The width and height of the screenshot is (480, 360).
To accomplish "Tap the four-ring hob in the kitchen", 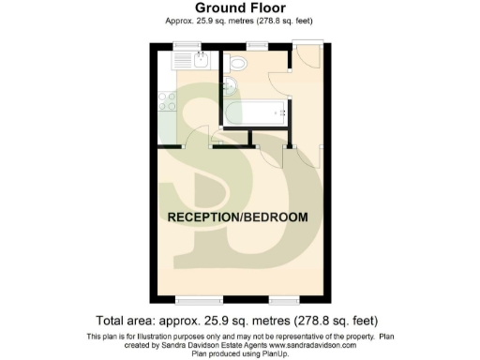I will [165, 97].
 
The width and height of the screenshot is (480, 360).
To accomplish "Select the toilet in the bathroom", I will [238, 64].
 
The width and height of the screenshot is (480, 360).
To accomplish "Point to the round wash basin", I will [230, 91].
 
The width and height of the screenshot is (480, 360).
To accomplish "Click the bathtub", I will [254, 115].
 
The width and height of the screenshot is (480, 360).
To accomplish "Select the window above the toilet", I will [254, 45].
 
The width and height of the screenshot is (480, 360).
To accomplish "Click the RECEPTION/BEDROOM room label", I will [236, 217].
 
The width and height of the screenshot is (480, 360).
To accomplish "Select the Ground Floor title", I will [240, 7].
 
